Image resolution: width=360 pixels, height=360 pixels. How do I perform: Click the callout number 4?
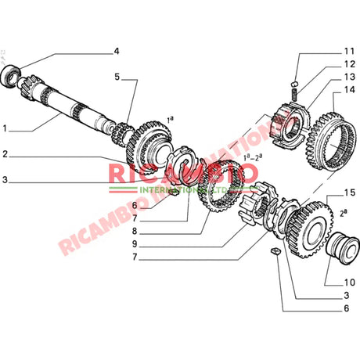click(116, 52)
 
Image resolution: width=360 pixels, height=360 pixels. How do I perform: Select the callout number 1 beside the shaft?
click(6, 128)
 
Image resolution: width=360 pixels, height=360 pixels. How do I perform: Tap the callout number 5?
click(117, 77)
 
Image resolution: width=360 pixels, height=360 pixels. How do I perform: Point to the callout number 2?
click(6, 153)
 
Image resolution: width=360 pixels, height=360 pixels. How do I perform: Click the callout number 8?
click(135, 232)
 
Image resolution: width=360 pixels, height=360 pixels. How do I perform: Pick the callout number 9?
click(135, 244)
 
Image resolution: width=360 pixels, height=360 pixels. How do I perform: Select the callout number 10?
click(350, 282)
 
